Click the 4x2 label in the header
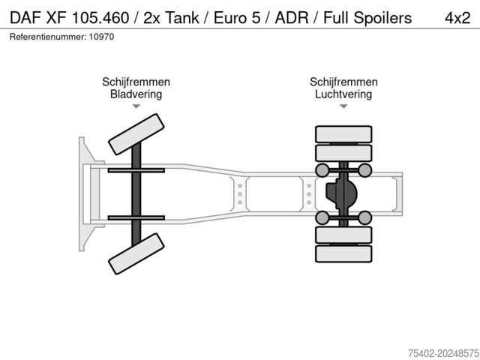(457, 18)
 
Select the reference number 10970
(102, 37)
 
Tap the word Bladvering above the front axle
(136, 94)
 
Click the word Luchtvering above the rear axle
(343, 94)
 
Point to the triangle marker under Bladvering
(136, 106)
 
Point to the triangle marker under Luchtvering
(343, 106)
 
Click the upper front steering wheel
(136, 134)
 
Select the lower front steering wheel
(136, 253)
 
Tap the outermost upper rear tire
(343, 134)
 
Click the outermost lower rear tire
(343, 253)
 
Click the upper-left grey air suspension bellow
(322, 170)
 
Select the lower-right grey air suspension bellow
(364, 217)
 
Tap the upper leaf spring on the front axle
(136, 170)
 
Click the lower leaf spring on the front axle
(136, 217)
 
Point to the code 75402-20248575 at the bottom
(443, 353)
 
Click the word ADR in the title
(292, 18)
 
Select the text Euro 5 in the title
(237, 18)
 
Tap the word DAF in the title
(25, 18)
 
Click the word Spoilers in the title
(382, 18)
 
